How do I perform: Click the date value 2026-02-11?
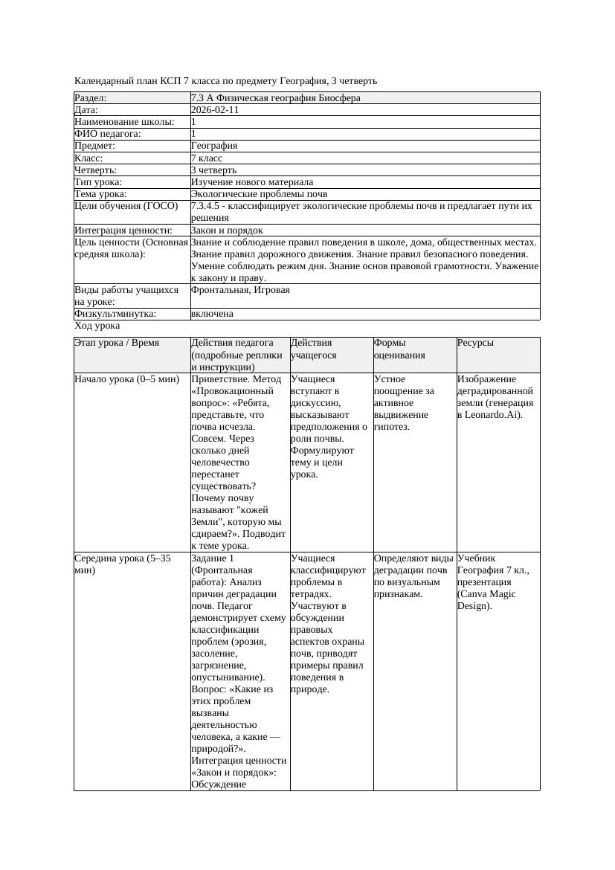click(215, 110)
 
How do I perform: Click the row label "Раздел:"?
click(91, 98)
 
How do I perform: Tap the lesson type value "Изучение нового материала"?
click(252, 182)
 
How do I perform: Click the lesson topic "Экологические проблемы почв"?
click(254, 194)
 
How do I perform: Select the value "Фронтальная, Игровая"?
click(240, 290)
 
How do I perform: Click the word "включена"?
click(212, 314)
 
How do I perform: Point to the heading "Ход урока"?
click(97, 326)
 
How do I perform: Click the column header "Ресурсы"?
click(476, 343)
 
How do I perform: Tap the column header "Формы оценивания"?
click(399, 349)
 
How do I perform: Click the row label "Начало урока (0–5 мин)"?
click(127, 379)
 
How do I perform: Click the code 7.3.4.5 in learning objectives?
click(207, 206)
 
